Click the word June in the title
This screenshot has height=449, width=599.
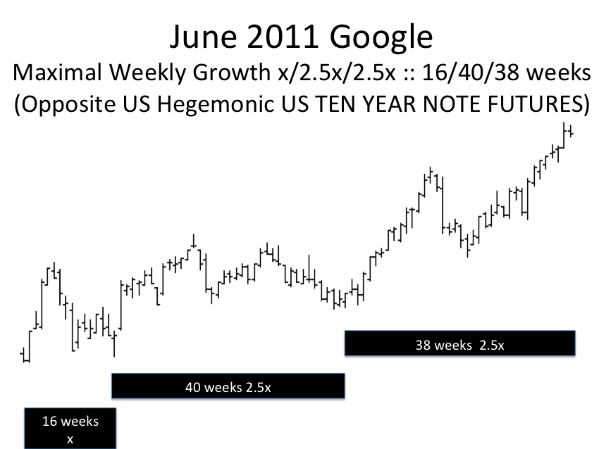click(x=202, y=37)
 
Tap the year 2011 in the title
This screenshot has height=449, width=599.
click(x=282, y=37)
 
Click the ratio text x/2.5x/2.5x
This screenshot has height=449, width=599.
click(x=337, y=73)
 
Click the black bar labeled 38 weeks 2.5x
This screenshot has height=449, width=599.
click(x=460, y=343)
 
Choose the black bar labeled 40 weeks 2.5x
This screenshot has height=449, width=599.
click(x=228, y=386)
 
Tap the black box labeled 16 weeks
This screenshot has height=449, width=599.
click(x=70, y=428)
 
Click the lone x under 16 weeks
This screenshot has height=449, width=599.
click(x=70, y=439)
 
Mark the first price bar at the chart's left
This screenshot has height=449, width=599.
click(x=24, y=355)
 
